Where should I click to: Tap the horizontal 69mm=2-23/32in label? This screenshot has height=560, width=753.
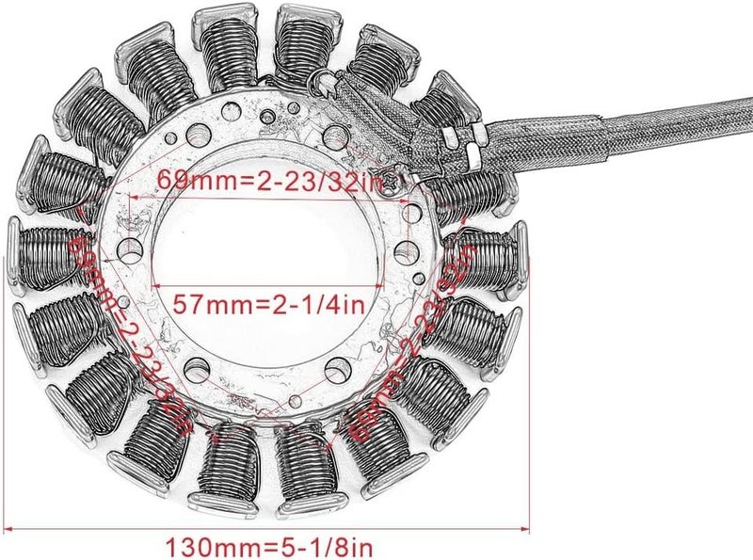tap(269, 182)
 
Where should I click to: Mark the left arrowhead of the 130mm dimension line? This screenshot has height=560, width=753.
tap(11, 529)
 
